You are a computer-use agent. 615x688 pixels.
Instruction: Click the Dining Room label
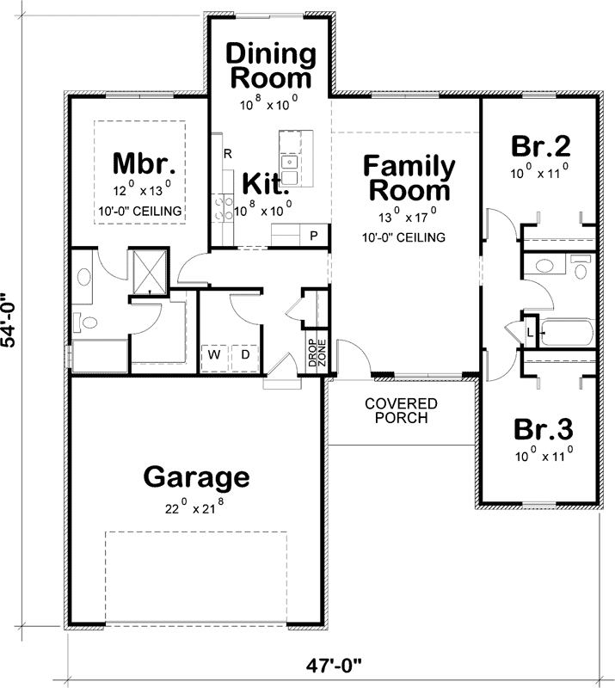270,65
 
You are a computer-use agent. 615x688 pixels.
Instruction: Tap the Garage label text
196,476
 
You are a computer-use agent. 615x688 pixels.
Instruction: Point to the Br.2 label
541,144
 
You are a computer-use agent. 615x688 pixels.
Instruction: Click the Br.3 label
541,428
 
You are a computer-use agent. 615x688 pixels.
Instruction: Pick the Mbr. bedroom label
145,163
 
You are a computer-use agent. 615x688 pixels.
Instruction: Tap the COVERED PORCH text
401,410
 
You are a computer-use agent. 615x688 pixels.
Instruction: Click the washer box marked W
214,353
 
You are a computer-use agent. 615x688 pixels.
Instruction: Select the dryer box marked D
243,353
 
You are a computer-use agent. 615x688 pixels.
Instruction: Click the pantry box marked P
314,235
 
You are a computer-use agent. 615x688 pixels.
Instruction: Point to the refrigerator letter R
228,155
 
